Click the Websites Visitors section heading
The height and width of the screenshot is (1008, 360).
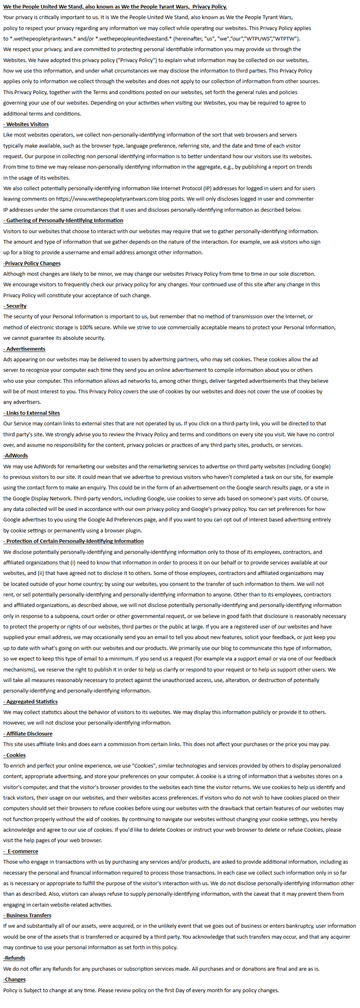[x=27, y=124]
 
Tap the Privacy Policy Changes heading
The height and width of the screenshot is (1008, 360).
[x=32, y=264]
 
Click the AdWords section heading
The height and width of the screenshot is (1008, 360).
[x=16, y=456]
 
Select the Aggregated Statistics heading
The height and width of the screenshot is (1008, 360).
[x=31, y=702]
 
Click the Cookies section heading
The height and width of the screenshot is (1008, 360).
[x=15, y=755]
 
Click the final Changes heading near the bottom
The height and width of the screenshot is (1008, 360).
[x=15, y=980]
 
